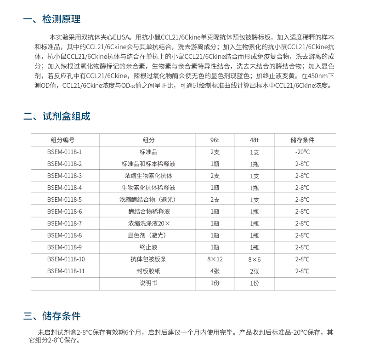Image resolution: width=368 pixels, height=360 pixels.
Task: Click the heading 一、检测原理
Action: tap(51, 19)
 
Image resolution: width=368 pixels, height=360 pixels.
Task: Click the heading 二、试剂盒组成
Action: tap(57, 116)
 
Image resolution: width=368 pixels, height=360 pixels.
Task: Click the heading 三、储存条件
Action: tap(51, 316)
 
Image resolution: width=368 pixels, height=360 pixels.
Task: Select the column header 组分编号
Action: tap(62, 140)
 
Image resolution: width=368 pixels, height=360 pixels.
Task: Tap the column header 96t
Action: tap(215, 140)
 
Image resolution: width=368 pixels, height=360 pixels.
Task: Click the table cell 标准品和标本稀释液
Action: tap(148, 164)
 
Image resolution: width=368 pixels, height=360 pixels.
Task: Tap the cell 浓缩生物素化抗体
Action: tap(148, 176)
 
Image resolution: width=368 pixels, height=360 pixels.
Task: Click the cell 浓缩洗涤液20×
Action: tap(148, 223)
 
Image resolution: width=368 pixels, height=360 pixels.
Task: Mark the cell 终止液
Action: tap(148, 247)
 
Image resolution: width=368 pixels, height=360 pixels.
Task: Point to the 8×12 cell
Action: tap(215, 259)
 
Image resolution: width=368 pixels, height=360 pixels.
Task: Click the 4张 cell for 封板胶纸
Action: tap(215, 271)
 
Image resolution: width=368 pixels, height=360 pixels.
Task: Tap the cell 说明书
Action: tap(148, 283)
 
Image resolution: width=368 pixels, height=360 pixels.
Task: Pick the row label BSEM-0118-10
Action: tap(66, 259)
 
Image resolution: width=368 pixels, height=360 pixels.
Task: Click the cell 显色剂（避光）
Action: tap(148, 235)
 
